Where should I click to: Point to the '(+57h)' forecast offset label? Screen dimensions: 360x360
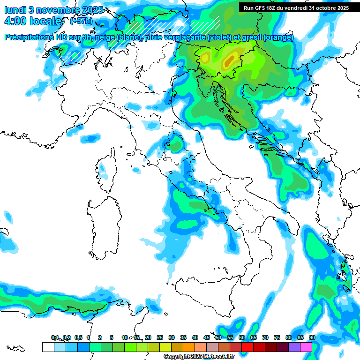(x=81, y=21)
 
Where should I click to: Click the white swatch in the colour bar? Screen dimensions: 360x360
(x=48, y=347)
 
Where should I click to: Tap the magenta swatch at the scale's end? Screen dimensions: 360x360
(x=306, y=347)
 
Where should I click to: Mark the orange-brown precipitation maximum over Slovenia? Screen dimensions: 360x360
(x=229, y=60)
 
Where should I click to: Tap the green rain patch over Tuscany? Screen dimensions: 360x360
(x=175, y=143)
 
